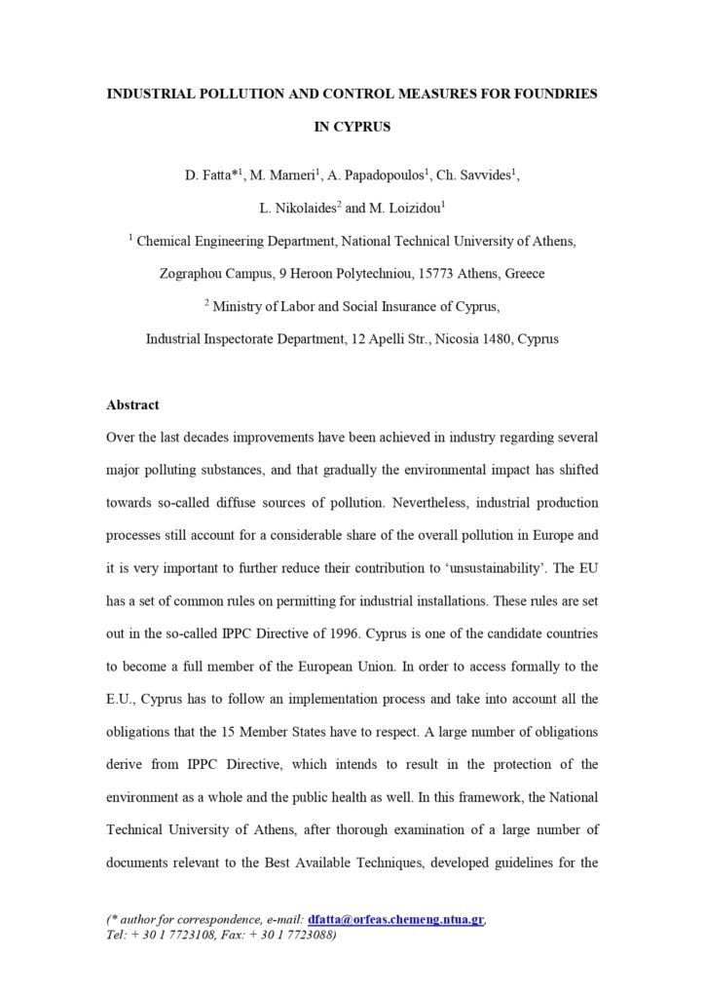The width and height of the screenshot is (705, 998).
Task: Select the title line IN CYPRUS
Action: (x=352, y=127)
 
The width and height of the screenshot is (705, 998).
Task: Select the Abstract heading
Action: (x=132, y=404)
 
